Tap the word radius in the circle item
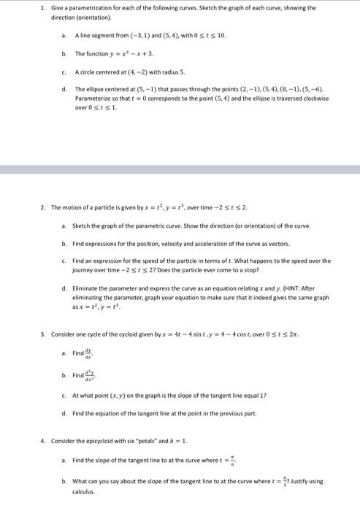(x=158, y=72)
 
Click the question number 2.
(x=42, y=207)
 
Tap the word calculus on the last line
(x=84, y=491)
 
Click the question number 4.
(x=42, y=441)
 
